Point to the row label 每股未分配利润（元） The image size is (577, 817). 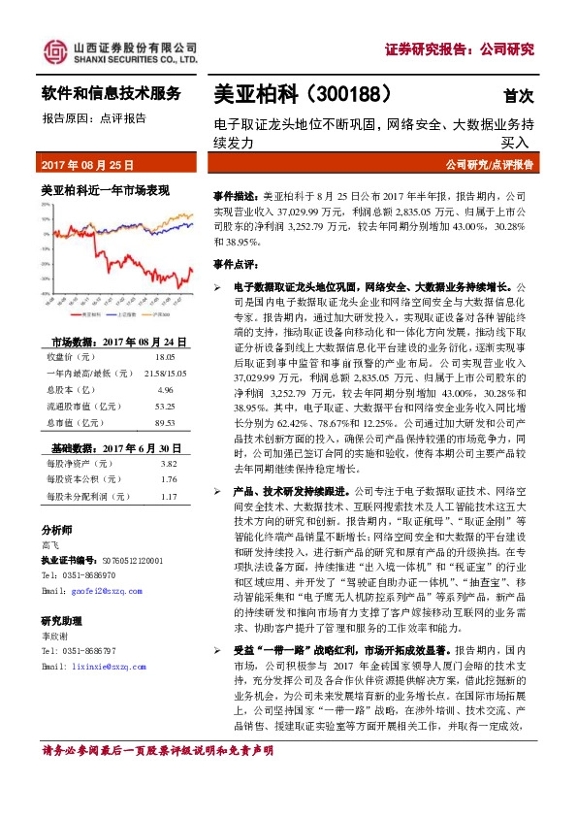[x=86, y=497]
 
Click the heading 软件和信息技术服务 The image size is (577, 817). [x=111, y=94]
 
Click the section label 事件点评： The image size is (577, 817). [x=237, y=263]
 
